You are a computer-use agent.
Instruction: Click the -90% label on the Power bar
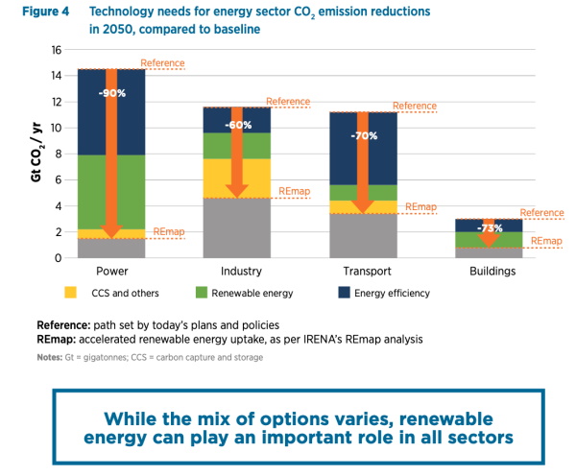[x=112, y=93]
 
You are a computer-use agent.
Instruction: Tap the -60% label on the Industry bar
[x=238, y=126]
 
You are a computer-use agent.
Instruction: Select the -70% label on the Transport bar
[x=364, y=136]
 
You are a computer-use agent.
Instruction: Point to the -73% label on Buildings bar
[x=490, y=228]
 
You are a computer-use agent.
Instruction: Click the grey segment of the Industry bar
[x=237, y=228]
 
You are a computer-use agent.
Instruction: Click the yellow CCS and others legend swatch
[x=70, y=293]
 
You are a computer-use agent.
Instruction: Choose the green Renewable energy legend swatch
[x=202, y=293]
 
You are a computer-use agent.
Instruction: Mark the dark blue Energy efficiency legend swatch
[x=344, y=293]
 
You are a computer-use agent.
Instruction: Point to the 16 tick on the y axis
[x=57, y=50]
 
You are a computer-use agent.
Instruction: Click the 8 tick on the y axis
[x=59, y=155]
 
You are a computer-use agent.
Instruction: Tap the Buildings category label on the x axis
[x=492, y=272]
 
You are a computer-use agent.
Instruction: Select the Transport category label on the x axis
[x=367, y=272]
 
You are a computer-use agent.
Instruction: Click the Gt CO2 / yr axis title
[x=36, y=152]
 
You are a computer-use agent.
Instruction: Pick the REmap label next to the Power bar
[x=169, y=231]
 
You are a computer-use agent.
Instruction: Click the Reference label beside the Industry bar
[x=288, y=102]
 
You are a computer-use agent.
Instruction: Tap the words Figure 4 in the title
[x=45, y=12]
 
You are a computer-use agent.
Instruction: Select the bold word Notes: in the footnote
[x=50, y=357]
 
